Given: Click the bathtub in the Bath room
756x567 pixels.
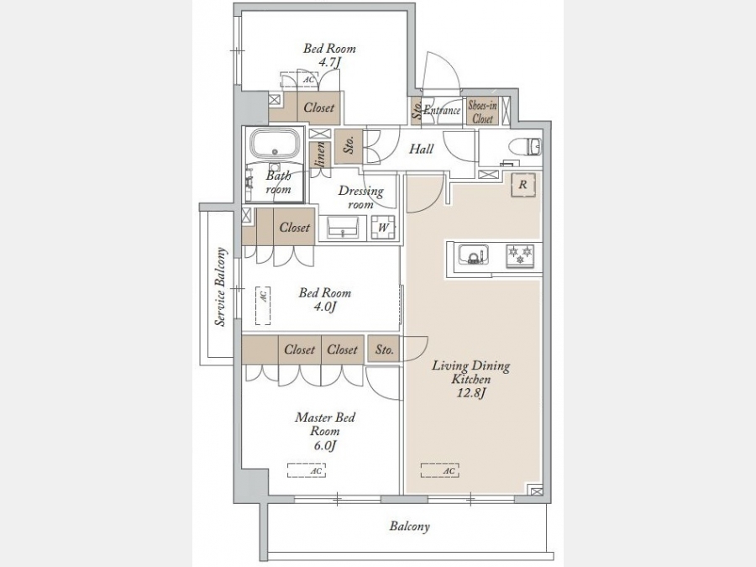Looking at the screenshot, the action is (x=275, y=144).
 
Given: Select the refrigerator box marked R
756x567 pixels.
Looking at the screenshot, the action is (x=523, y=185).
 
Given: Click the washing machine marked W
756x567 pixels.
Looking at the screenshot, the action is (x=384, y=228).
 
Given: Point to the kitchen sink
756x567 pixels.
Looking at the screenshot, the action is (x=472, y=254).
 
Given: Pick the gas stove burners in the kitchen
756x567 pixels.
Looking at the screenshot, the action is (x=520, y=255).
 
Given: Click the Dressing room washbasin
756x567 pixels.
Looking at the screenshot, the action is (x=343, y=227).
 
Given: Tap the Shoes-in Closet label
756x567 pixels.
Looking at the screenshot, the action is (x=483, y=112).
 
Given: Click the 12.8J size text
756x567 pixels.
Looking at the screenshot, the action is (x=470, y=393).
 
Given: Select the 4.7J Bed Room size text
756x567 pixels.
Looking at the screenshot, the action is (x=330, y=62).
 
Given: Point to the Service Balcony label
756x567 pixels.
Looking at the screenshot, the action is (x=220, y=287).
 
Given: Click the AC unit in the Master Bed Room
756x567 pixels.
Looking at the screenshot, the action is (x=307, y=470).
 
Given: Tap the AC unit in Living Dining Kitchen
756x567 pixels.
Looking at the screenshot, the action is (x=439, y=470).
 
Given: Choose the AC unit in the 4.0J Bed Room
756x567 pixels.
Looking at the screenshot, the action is (x=263, y=306).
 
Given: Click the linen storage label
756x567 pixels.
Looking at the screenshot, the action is (x=320, y=155).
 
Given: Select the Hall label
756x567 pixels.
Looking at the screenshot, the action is (x=422, y=149).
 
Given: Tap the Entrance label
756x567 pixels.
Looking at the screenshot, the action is (x=442, y=110).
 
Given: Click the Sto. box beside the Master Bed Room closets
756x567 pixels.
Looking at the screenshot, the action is (x=383, y=349).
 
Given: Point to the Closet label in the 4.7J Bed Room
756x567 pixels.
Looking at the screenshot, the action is (x=318, y=107).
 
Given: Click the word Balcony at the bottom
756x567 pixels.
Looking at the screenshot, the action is (x=409, y=526).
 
